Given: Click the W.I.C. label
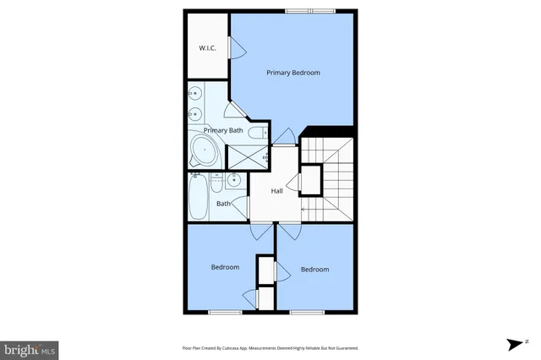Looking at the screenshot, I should (208, 48).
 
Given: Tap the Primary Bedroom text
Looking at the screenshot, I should (293, 73).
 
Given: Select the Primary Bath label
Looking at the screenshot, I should (223, 130).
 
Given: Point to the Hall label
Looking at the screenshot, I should (276, 191).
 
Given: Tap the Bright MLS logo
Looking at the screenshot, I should (30, 348).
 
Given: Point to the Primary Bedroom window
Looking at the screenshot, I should (310, 11).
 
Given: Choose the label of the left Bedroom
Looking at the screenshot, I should (225, 267).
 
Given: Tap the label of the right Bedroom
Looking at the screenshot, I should (314, 269).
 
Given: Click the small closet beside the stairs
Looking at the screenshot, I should (310, 179).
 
